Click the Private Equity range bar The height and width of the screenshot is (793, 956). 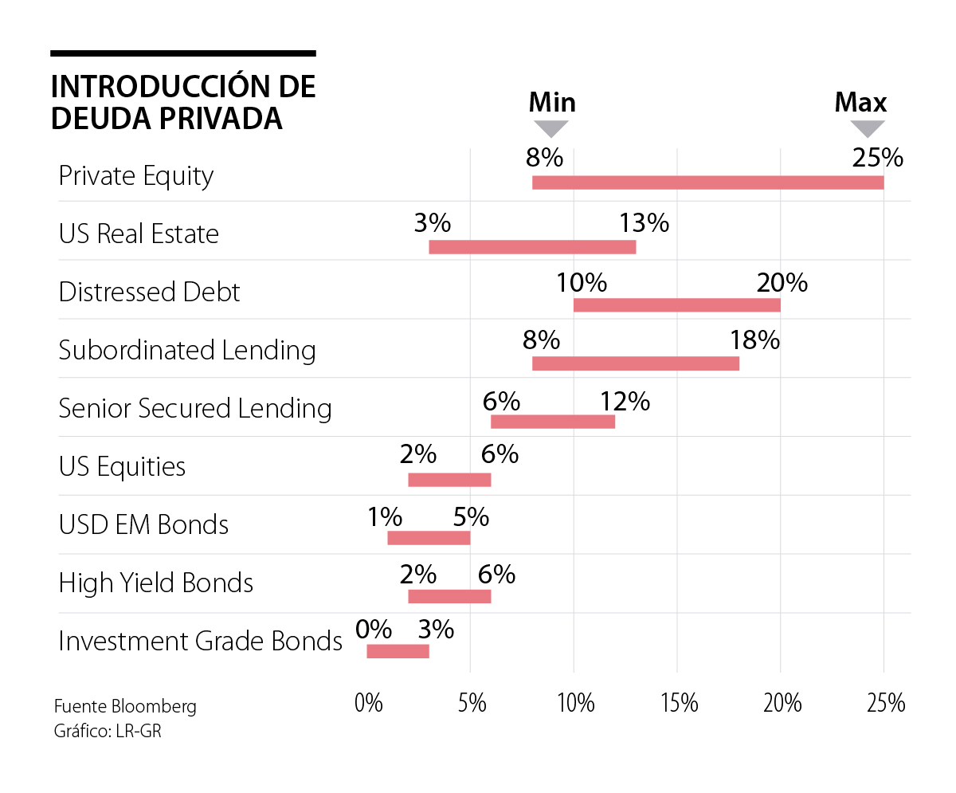pyautogui.click(x=707, y=183)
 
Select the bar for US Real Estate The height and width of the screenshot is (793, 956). pyautogui.click(x=532, y=246)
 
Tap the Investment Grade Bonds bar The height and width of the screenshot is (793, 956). pyautogui.click(x=398, y=651)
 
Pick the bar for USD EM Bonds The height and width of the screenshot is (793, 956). pyautogui.click(x=429, y=537)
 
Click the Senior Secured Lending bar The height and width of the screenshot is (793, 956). pyautogui.click(x=553, y=422)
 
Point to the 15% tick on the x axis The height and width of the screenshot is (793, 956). pyautogui.click(x=679, y=703)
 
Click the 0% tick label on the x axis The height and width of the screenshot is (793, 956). pyautogui.click(x=369, y=703)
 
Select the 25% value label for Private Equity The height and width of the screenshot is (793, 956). pyautogui.click(x=877, y=158)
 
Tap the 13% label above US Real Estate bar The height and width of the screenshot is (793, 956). pyautogui.click(x=644, y=223)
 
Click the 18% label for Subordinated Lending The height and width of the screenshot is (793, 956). pyautogui.click(x=754, y=340)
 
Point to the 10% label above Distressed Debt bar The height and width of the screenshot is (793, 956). pyautogui.click(x=582, y=282)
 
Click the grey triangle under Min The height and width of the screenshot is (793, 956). pyautogui.click(x=550, y=128)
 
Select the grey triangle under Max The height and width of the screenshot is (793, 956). pyautogui.click(x=868, y=128)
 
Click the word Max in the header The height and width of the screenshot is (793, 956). pyautogui.click(x=860, y=102)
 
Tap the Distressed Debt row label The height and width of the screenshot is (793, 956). pyautogui.click(x=149, y=292)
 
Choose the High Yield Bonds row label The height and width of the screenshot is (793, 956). pyautogui.click(x=155, y=583)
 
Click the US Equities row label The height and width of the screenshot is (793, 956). pyautogui.click(x=122, y=466)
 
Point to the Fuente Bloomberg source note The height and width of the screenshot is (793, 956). pyautogui.click(x=125, y=706)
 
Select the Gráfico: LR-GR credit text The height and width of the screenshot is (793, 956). pyautogui.click(x=108, y=730)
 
